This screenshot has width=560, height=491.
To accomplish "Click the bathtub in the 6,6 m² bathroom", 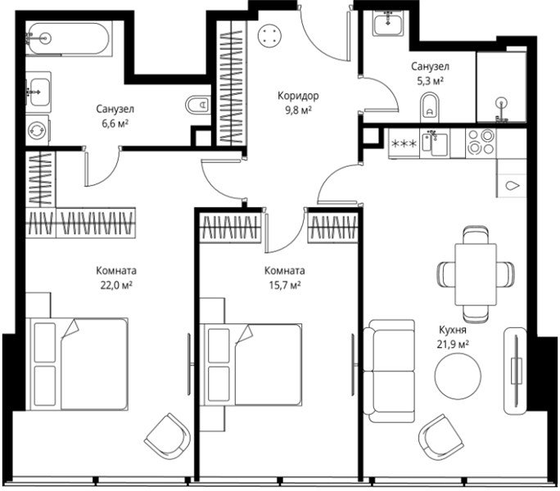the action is (x=69, y=38).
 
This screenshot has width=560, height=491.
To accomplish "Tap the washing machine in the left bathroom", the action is (x=38, y=130).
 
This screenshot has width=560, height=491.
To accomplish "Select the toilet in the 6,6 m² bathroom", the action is (x=198, y=105).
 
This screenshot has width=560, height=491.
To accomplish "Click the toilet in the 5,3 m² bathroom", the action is (x=430, y=106).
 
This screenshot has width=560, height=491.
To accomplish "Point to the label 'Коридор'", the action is (x=298, y=96).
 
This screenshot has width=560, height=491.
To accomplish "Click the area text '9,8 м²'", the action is (x=298, y=110).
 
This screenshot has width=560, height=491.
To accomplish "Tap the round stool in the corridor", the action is (x=269, y=36).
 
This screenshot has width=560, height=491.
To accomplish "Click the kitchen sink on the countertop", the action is (x=435, y=143).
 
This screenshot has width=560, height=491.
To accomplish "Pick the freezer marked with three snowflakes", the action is (x=404, y=143).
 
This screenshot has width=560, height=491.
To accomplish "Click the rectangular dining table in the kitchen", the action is (x=476, y=274).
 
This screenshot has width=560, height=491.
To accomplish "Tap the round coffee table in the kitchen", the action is (x=458, y=376).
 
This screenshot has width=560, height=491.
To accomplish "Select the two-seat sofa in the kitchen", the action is (x=389, y=371).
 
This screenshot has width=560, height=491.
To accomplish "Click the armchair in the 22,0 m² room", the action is (x=168, y=436).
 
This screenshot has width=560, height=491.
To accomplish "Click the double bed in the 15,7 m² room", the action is (x=252, y=365).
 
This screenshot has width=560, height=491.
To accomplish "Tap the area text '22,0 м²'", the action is (x=116, y=286).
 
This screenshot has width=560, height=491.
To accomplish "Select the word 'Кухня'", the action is (x=453, y=330).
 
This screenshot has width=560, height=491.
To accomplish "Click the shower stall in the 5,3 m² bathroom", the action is (x=501, y=88).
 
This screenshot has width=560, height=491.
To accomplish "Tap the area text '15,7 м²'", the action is (x=285, y=286).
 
